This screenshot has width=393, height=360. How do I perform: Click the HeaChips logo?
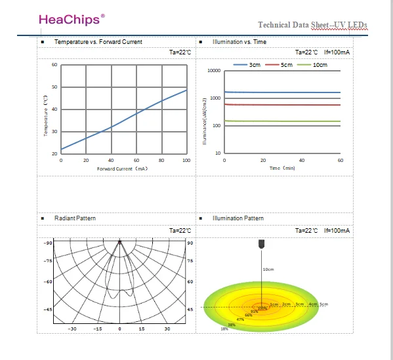pyautogui.click(x=72, y=18)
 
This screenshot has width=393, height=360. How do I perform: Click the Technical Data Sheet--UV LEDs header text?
pyautogui.click(x=312, y=25)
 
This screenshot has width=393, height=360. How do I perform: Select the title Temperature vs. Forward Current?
pyautogui.click(x=98, y=42)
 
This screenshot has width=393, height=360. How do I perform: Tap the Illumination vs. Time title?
pyautogui.click(x=239, y=42)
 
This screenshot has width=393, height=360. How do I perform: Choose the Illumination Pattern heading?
pyautogui.click(x=238, y=218)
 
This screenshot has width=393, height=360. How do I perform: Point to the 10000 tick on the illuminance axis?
pyautogui.click(x=213, y=70)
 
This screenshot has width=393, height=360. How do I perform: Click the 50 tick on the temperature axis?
pyautogui.click(x=54, y=87)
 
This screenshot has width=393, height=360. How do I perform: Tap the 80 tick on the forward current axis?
pyautogui.click(x=161, y=161)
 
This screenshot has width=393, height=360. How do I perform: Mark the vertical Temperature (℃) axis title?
pyautogui.click(x=46, y=117)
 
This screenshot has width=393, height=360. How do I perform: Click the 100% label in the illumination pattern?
pyautogui.click(x=262, y=308)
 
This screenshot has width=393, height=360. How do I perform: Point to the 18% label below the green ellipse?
pyautogui.click(x=224, y=329)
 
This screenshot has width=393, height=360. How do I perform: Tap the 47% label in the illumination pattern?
pyautogui.click(x=240, y=319)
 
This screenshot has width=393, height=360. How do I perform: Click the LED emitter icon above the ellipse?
pyautogui.click(x=262, y=244)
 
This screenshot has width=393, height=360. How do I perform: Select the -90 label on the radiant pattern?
pyautogui.click(x=48, y=243)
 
